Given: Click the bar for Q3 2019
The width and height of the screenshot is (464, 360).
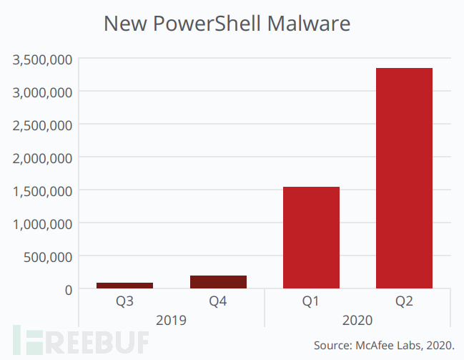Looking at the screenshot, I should (124, 286).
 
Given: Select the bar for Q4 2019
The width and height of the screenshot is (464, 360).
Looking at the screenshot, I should (218, 282).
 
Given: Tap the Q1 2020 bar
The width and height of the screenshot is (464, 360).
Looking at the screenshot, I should (311, 238).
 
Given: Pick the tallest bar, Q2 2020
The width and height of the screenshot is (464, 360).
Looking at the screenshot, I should (404, 178).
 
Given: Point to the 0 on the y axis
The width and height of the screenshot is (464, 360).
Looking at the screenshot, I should (67, 290).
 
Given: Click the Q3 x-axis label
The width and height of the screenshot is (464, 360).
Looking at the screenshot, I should (124, 302).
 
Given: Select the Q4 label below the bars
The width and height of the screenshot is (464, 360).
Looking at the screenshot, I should (218, 302).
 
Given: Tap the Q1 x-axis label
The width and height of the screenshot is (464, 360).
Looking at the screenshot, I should (311, 302).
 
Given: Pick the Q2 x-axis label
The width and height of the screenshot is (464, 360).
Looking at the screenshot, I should (404, 302).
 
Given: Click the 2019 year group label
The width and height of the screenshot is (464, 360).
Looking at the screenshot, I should (171, 320).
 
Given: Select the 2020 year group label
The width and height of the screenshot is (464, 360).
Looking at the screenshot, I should (357, 320).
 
